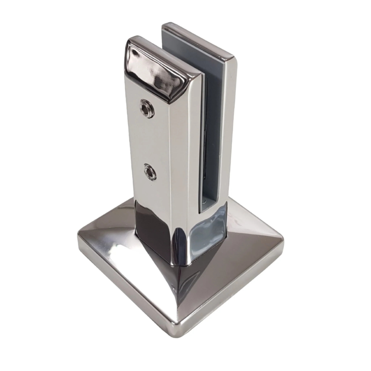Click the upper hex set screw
click(x=146, y=108)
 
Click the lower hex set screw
click(x=150, y=171)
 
